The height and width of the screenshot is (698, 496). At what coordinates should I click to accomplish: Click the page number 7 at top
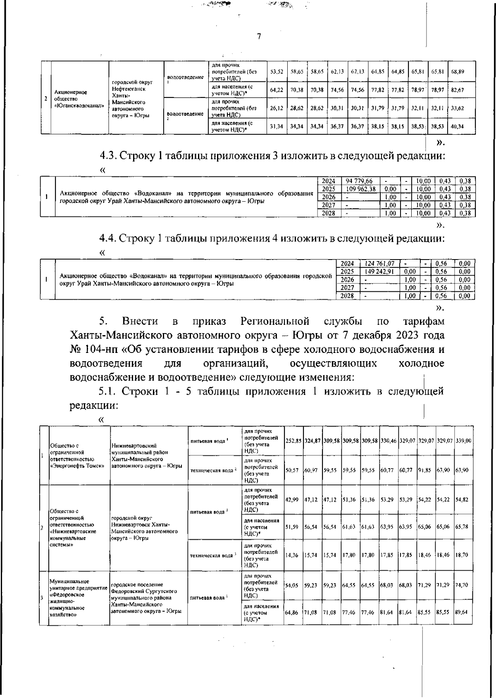point(259,36)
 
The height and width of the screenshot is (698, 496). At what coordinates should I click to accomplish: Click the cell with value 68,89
point(458,71)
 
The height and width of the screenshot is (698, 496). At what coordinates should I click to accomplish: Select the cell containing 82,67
point(458,90)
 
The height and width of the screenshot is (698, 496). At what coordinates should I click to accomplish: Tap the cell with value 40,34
point(458,126)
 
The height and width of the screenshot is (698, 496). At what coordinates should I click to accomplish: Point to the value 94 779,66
point(360,181)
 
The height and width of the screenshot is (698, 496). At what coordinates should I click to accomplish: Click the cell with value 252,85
point(293,441)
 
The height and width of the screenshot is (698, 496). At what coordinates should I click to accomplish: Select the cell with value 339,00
point(463,441)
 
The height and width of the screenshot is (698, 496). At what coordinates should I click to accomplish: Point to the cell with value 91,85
point(425,470)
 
